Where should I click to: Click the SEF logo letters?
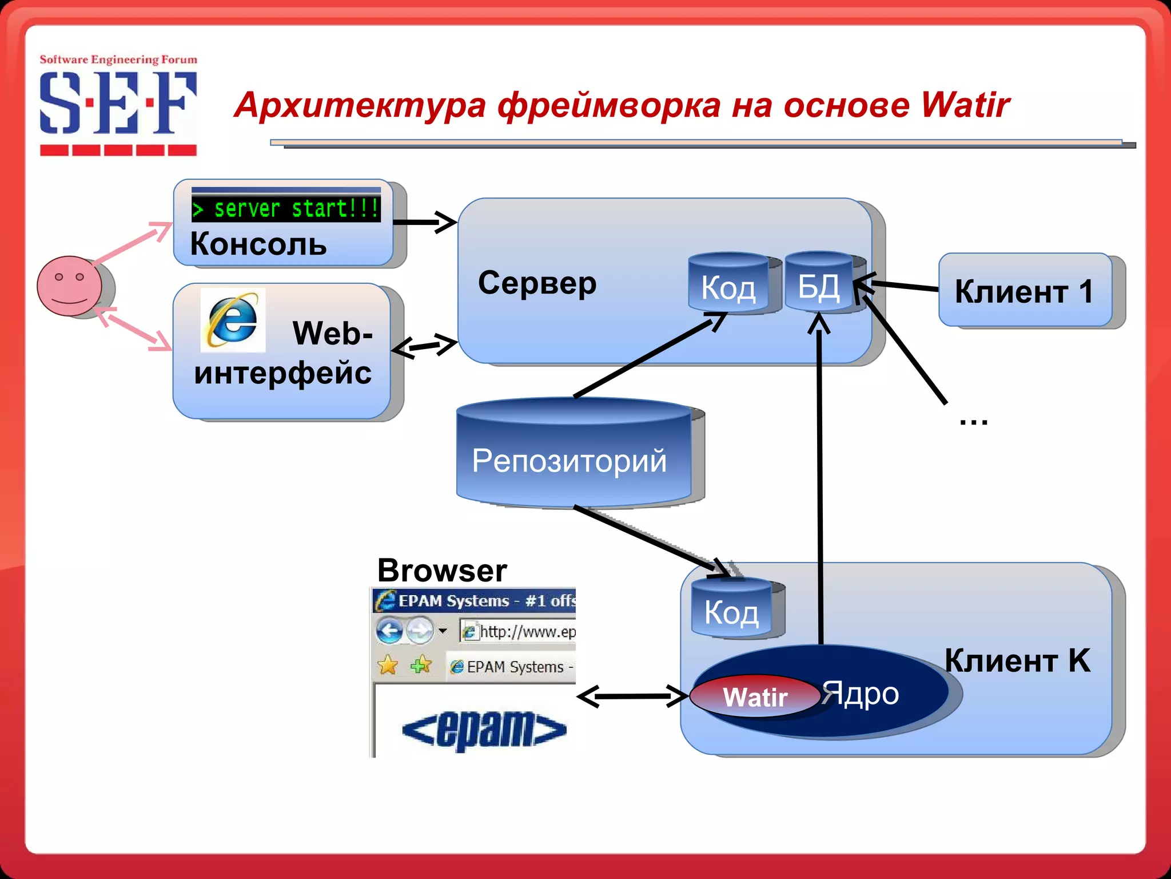[x=118, y=103]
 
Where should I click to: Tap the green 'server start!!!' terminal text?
[x=286, y=209]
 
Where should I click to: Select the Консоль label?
[x=258, y=244]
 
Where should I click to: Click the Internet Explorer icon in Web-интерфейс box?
[x=233, y=320]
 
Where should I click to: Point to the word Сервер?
[x=537, y=283]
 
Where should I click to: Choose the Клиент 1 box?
[x=1025, y=291]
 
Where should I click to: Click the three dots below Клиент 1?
[x=973, y=422]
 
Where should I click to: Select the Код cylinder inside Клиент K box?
[x=731, y=610]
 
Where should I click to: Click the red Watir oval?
[x=755, y=696]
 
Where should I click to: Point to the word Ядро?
[x=861, y=694]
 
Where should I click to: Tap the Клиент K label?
[x=1017, y=660]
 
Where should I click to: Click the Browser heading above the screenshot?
[x=442, y=571]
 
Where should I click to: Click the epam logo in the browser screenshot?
[x=484, y=730]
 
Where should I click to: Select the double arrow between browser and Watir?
[x=632, y=696]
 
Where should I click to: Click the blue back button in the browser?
[x=389, y=631]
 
